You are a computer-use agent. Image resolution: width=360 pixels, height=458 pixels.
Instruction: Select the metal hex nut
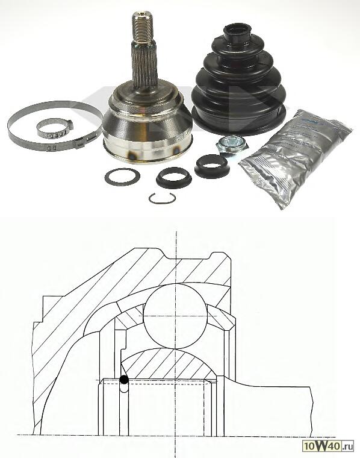[x=229, y=144]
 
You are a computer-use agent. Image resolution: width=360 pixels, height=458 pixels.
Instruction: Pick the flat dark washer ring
[x=122, y=177]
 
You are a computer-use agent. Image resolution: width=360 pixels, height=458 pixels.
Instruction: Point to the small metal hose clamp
[x=53, y=127]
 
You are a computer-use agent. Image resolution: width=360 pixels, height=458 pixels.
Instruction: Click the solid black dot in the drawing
[x=123, y=380]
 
